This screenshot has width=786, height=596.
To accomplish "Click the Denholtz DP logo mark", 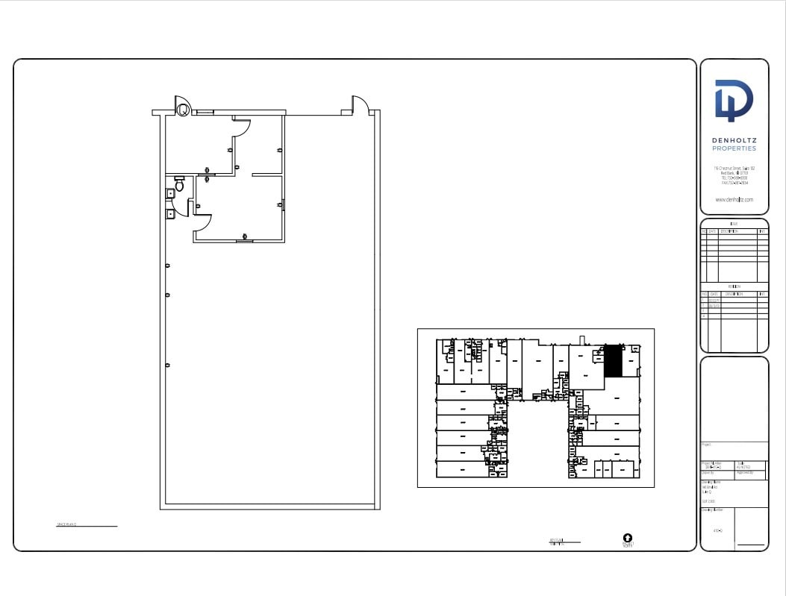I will click(x=734, y=100).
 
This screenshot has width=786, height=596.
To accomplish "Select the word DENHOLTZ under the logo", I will click(x=734, y=139).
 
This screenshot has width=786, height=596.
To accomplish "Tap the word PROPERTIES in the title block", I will click(x=734, y=148).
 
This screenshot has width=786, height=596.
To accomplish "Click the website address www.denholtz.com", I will click(x=734, y=200).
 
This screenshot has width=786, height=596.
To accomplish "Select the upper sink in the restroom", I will click(x=171, y=193).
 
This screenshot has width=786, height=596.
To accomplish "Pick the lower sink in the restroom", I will click(x=171, y=213).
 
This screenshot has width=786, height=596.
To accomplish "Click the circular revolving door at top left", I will click(x=182, y=109).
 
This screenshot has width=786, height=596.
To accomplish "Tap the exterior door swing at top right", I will click(x=361, y=105).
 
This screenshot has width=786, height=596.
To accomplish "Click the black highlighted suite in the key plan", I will click(x=612, y=361).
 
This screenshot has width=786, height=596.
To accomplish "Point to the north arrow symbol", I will click(x=627, y=537).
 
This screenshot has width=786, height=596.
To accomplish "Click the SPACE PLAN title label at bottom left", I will click(x=67, y=525).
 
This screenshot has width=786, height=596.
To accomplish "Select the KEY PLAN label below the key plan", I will click(x=556, y=541).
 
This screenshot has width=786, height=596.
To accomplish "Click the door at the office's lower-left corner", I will click(x=202, y=221).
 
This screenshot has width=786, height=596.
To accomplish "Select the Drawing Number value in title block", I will click(x=717, y=530).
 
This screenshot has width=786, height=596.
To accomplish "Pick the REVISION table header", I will click(x=734, y=286).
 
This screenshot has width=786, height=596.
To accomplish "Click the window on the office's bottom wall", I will click(x=244, y=241).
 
